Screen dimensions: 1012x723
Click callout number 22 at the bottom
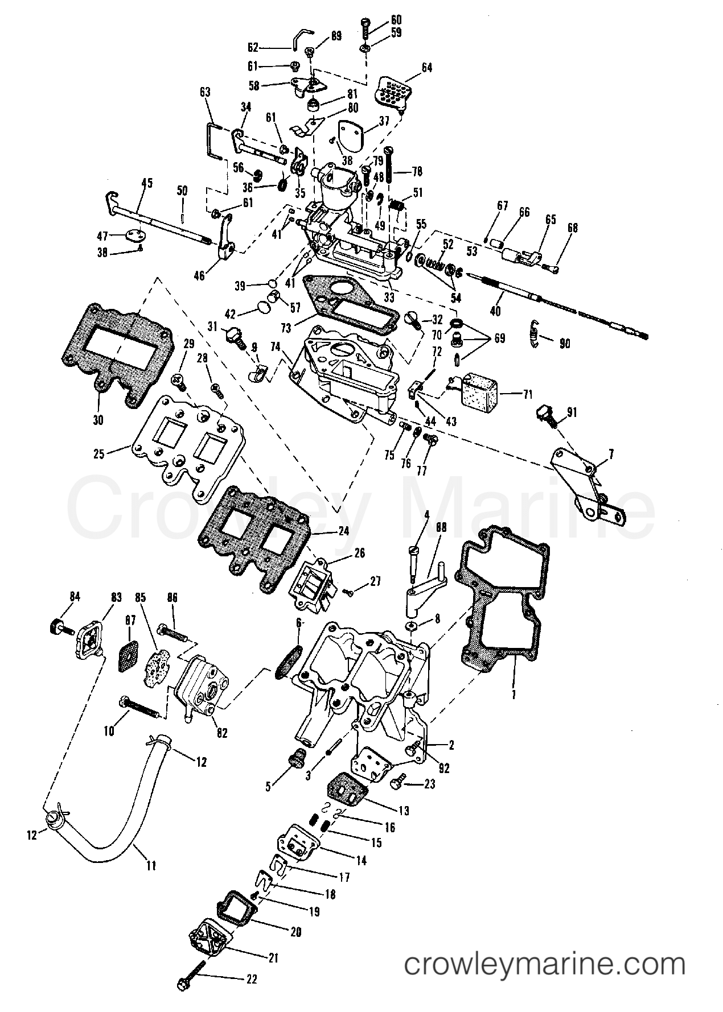tap(251, 979)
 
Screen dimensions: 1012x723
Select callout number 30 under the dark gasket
tap(97, 420)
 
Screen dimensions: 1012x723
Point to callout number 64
tap(426, 68)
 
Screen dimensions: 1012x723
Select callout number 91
tap(571, 412)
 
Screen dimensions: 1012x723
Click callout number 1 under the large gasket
tap(514, 695)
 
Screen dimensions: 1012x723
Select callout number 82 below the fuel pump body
tap(221, 733)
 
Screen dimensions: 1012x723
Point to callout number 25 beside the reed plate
tap(99, 455)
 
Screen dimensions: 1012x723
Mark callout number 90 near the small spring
tap(564, 344)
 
